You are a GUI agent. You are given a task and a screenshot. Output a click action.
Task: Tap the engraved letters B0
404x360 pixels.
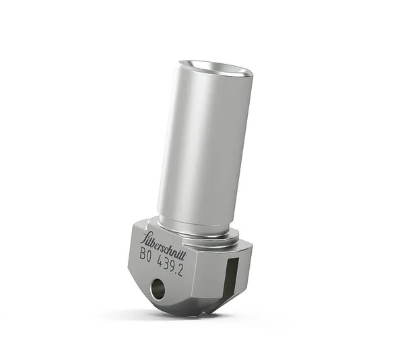(146, 254)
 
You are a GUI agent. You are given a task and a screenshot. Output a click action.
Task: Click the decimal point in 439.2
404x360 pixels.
(187, 264)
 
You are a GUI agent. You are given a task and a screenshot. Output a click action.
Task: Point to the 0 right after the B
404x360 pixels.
(150, 255)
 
